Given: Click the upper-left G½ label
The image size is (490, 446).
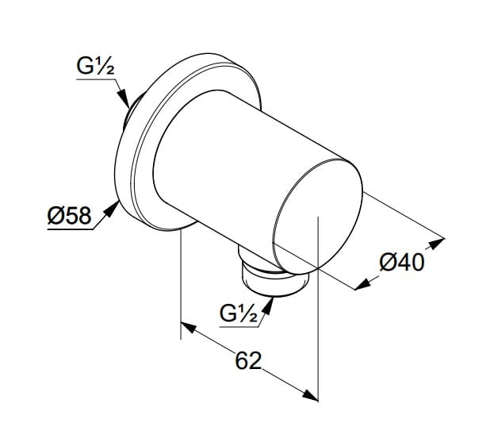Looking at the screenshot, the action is pos(95,67).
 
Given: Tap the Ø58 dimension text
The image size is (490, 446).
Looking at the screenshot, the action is pos(69,216).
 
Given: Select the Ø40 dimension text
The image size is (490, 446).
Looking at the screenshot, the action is pos(402,263).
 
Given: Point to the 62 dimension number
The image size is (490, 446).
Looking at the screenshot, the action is pos(248,360).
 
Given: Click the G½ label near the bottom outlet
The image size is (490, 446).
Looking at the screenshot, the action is pos(239,313).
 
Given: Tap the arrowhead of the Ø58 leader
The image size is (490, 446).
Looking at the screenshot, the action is pos(111,208).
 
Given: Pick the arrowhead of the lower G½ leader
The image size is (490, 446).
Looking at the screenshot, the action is pos(269,306).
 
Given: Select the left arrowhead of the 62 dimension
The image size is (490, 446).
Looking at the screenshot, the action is pos(189,328).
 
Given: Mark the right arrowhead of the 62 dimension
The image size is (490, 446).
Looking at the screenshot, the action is pos(310,395).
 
